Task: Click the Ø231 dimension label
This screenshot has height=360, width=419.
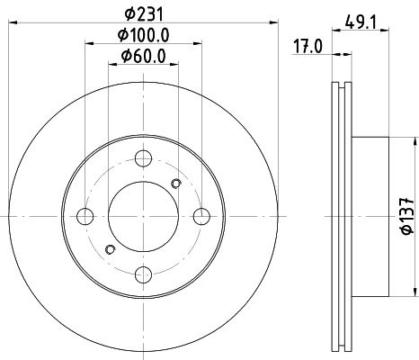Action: point(145,13)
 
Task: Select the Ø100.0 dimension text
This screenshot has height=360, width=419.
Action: point(144,35)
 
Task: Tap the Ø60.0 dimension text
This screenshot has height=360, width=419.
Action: point(144,56)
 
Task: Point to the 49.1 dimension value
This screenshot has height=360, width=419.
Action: point(361,22)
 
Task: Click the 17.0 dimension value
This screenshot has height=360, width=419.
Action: point(308,47)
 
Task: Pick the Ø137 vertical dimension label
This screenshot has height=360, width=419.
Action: point(407,216)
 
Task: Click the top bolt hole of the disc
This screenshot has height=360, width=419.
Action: point(143,158)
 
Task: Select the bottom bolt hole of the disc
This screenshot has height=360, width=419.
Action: point(143,274)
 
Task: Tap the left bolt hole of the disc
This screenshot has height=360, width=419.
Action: point(85,216)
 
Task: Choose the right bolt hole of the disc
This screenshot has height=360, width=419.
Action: point(201,216)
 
